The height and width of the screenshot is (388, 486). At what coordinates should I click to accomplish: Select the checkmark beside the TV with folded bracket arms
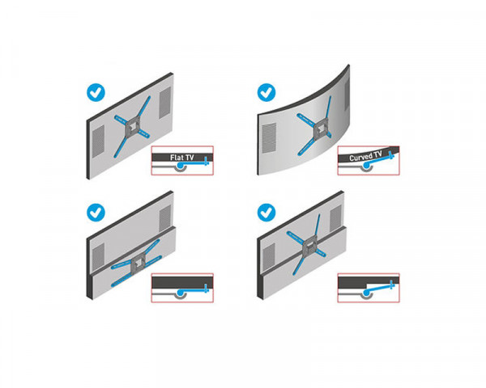point(97,213)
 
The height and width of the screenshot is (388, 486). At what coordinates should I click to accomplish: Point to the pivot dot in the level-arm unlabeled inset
point(177,293)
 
